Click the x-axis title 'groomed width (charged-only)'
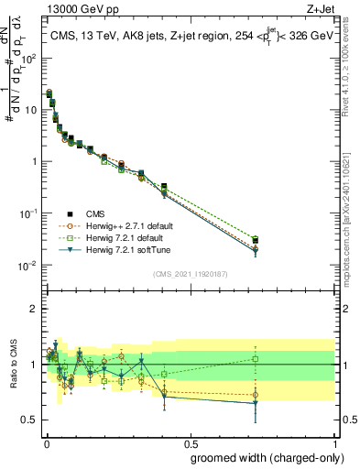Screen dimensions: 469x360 point(263,457)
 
